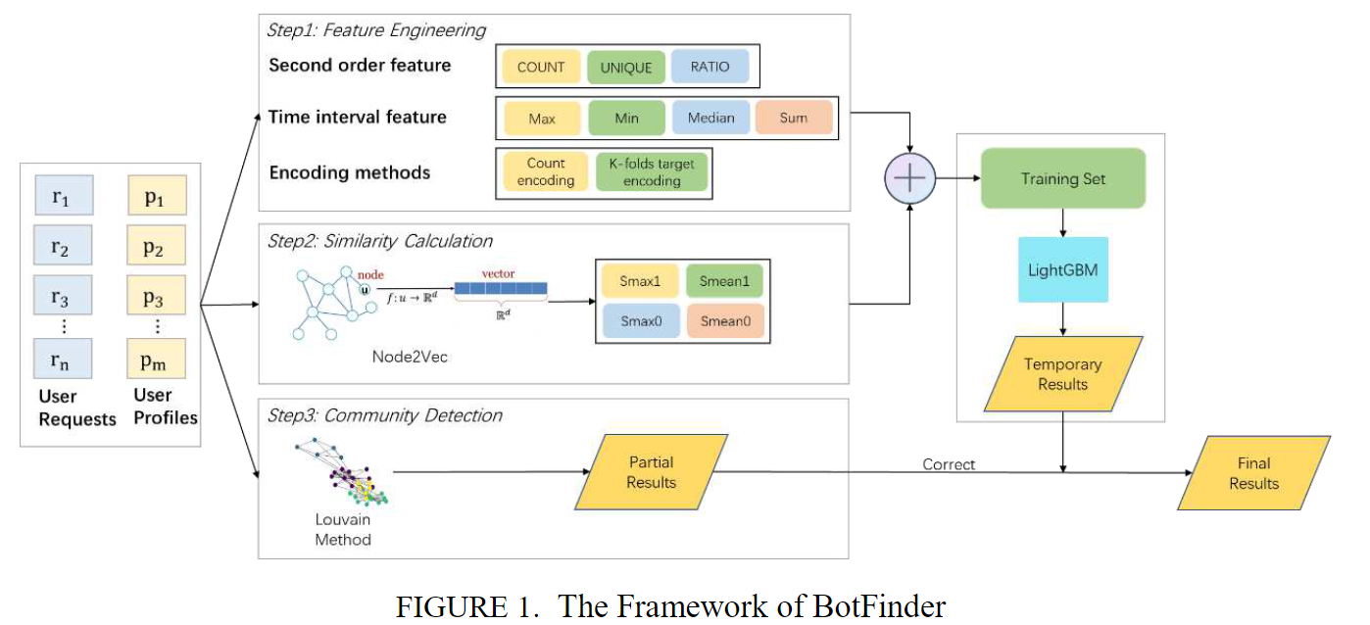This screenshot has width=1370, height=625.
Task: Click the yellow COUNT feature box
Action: pyautogui.click(x=541, y=68)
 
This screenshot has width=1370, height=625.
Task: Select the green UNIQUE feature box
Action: pyautogui.click(x=625, y=68)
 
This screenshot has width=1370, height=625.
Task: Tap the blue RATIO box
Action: pyautogui.click(x=709, y=68)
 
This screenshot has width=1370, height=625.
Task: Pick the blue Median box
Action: pyautogui.click(x=710, y=118)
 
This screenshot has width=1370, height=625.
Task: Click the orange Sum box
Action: pyautogui.click(x=794, y=118)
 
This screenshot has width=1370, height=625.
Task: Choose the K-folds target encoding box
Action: pyautogui.click(x=651, y=172)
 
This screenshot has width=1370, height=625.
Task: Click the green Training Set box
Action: pyautogui.click(x=1062, y=178)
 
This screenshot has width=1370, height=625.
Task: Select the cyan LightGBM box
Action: pyautogui.click(x=1063, y=268)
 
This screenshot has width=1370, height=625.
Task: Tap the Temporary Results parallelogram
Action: pyautogui.click(x=1062, y=373)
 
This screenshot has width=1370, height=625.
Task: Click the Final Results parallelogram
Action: pyautogui.click(x=1253, y=473)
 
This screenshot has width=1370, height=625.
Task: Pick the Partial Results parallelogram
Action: pyautogui.click(x=651, y=471)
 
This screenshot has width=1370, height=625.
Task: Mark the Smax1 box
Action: pyautogui.click(x=640, y=281)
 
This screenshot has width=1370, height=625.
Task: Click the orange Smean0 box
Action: pyautogui.click(x=724, y=321)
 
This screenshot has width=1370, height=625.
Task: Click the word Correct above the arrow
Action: pyautogui.click(x=948, y=464)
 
